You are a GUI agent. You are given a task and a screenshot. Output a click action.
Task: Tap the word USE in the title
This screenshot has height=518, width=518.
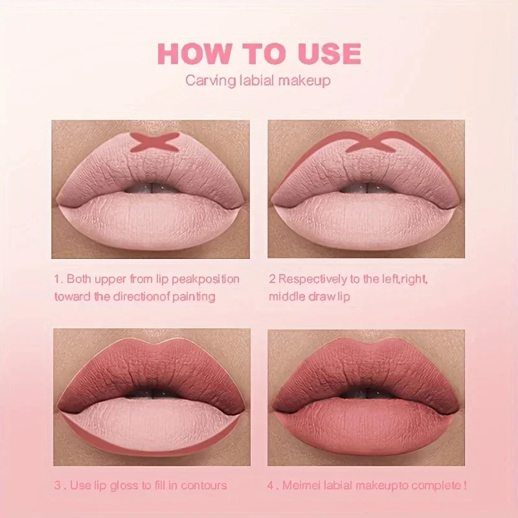[328, 53]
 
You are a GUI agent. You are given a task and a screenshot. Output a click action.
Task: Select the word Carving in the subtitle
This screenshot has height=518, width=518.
[207, 82]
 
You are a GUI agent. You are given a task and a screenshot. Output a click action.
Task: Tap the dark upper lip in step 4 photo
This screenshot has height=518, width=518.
[366, 369]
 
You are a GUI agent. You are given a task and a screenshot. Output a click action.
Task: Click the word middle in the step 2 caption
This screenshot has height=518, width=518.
[286, 297]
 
